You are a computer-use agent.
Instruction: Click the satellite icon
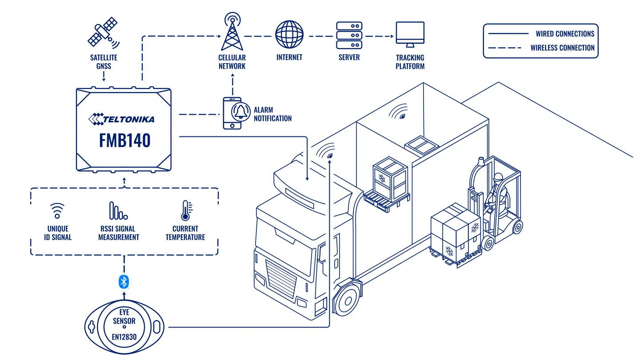pyautogui.click(x=104, y=32)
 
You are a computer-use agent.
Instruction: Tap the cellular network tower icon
pyautogui.click(x=232, y=32)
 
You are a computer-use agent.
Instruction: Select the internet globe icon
pyautogui.click(x=289, y=34)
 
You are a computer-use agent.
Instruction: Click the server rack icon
pyautogui.click(x=349, y=36)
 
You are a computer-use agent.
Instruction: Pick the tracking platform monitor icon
pyautogui.click(x=410, y=34)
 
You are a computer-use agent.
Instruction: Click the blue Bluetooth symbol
pyautogui.click(x=124, y=282)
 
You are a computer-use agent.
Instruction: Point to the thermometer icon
pyautogui.click(x=186, y=211)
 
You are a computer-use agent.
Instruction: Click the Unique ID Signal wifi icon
pyautogui.click(x=57, y=211)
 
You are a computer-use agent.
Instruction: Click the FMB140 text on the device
pyautogui.click(x=124, y=140)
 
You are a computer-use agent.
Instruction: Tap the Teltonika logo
pyautogui.click(x=121, y=119)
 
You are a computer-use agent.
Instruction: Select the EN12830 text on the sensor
pyautogui.click(x=124, y=337)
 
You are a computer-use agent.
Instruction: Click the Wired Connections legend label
pyautogui.click(x=565, y=34)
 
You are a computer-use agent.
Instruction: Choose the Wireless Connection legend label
pyautogui.click(x=562, y=48)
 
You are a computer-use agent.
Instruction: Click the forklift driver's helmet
pyautogui.click(x=498, y=177)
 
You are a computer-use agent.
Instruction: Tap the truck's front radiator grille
pyautogui.click(x=280, y=279)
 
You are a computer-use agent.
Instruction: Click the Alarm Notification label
pyautogui.click(x=272, y=114)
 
